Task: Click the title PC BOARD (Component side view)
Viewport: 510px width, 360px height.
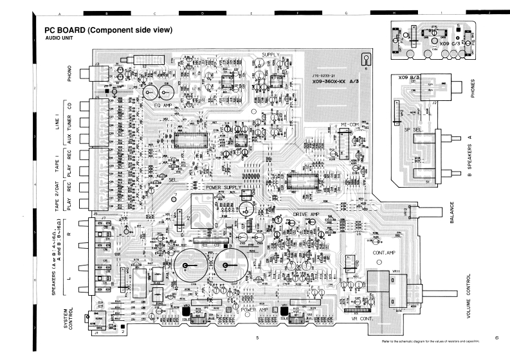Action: coord(106,30)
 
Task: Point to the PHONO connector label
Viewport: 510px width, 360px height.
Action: coord(69,75)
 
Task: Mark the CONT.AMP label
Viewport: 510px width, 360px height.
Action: coord(385,253)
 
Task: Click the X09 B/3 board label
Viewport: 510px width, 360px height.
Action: coord(409,77)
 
